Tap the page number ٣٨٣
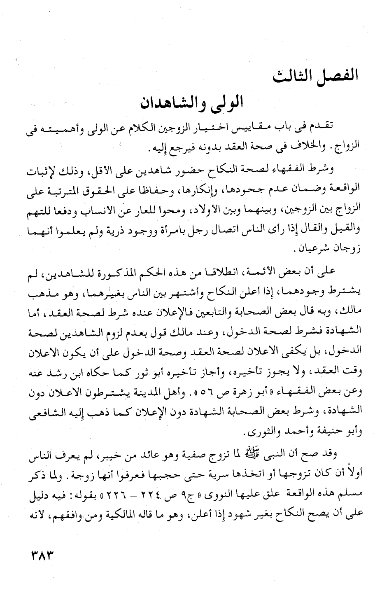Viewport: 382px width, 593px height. (40, 554)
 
